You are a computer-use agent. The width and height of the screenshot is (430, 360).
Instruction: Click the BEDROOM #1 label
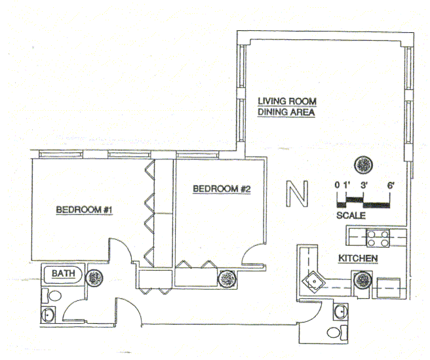point(85,210)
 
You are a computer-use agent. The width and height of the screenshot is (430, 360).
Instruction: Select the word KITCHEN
point(357,258)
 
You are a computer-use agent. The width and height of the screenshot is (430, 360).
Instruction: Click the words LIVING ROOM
point(287,102)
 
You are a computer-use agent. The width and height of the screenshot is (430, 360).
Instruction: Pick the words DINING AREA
point(286,112)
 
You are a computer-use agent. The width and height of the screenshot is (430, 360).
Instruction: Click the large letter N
point(298,195)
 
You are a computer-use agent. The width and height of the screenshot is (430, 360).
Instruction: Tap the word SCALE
point(351,215)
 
